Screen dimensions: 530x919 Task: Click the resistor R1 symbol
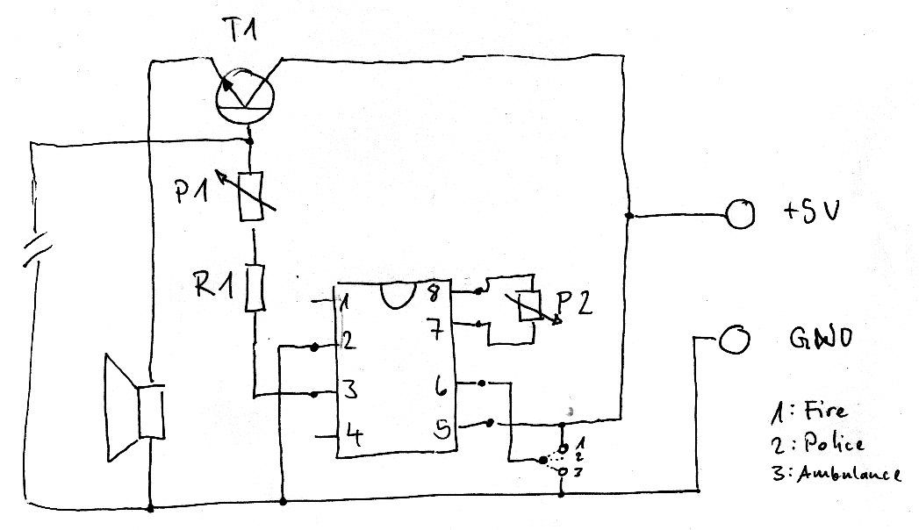point(254,287)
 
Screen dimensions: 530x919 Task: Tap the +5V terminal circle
point(739,213)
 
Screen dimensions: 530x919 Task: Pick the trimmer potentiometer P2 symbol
point(528,306)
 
